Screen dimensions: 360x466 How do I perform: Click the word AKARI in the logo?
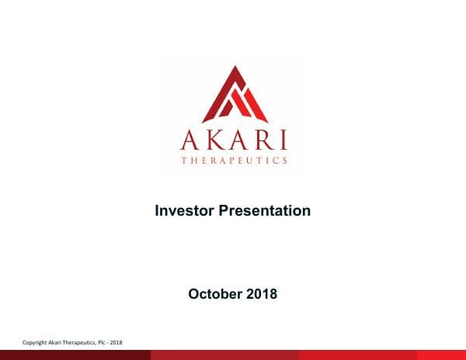coord(234,141)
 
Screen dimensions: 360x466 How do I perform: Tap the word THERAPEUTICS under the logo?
coord(234,161)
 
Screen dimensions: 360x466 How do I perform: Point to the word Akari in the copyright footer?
coord(58,342)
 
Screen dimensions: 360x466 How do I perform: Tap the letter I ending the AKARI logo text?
coord(283,141)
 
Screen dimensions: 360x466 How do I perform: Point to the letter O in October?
coord(194,294)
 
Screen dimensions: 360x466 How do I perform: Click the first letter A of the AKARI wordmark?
coord(189,141)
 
